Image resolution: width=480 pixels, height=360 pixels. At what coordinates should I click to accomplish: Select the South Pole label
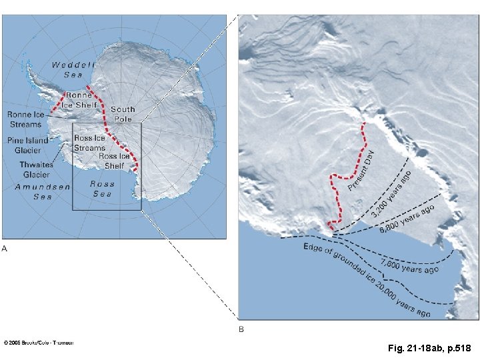point(123,113)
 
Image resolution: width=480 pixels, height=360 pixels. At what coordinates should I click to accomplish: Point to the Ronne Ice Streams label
point(25,119)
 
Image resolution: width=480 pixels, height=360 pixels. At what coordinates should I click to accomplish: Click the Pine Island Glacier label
point(27,145)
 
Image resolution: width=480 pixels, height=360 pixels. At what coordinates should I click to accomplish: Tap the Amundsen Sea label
point(43,192)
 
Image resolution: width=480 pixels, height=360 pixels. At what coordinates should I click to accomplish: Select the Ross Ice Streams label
point(89,143)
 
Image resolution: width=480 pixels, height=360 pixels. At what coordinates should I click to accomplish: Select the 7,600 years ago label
point(409,266)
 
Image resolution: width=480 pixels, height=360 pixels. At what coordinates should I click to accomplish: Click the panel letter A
point(5,249)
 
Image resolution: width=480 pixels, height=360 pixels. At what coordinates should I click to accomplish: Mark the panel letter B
point(241,329)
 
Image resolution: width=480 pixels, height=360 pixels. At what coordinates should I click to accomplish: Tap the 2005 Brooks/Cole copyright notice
point(39,343)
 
